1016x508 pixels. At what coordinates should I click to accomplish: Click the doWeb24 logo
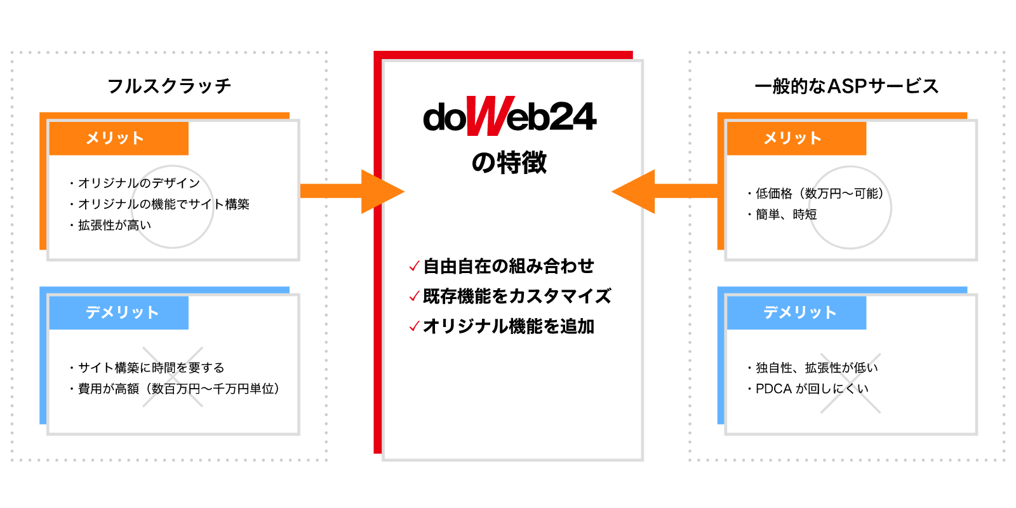pos(509,117)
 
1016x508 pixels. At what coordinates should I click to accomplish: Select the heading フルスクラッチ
pos(169,86)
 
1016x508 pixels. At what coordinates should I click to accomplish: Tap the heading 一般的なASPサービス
pos(846,86)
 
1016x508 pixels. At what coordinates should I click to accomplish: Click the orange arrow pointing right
pos(352,191)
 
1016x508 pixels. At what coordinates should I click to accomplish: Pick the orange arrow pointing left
pos(664,191)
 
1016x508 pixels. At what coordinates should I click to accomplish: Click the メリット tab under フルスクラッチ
pos(119,138)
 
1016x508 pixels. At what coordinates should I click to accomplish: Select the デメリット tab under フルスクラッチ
pos(119,312)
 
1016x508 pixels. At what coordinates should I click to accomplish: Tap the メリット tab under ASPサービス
pos(796,138)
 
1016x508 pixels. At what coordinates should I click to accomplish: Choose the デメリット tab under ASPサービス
pos(796,312)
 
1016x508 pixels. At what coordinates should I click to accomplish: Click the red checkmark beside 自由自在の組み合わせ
pos(414,266)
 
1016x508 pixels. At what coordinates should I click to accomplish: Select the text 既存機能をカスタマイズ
pos(517,296)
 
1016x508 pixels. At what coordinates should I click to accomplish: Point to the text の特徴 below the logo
pos(509,163)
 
